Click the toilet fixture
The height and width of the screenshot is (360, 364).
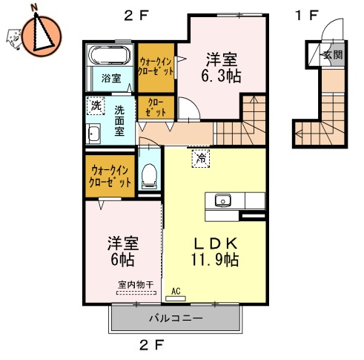pos(148,174)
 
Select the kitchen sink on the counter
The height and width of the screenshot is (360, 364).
pos(222,200)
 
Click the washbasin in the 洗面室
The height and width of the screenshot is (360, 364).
pos(94,134)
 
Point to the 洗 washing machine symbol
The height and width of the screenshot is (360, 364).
pos(95,106)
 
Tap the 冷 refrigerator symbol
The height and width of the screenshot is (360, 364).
pos(199,157)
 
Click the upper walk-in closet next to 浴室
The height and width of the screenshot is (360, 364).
pos(156,66)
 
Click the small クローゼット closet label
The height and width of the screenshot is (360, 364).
pos(156,107)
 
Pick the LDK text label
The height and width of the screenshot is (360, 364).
pos(215,243)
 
